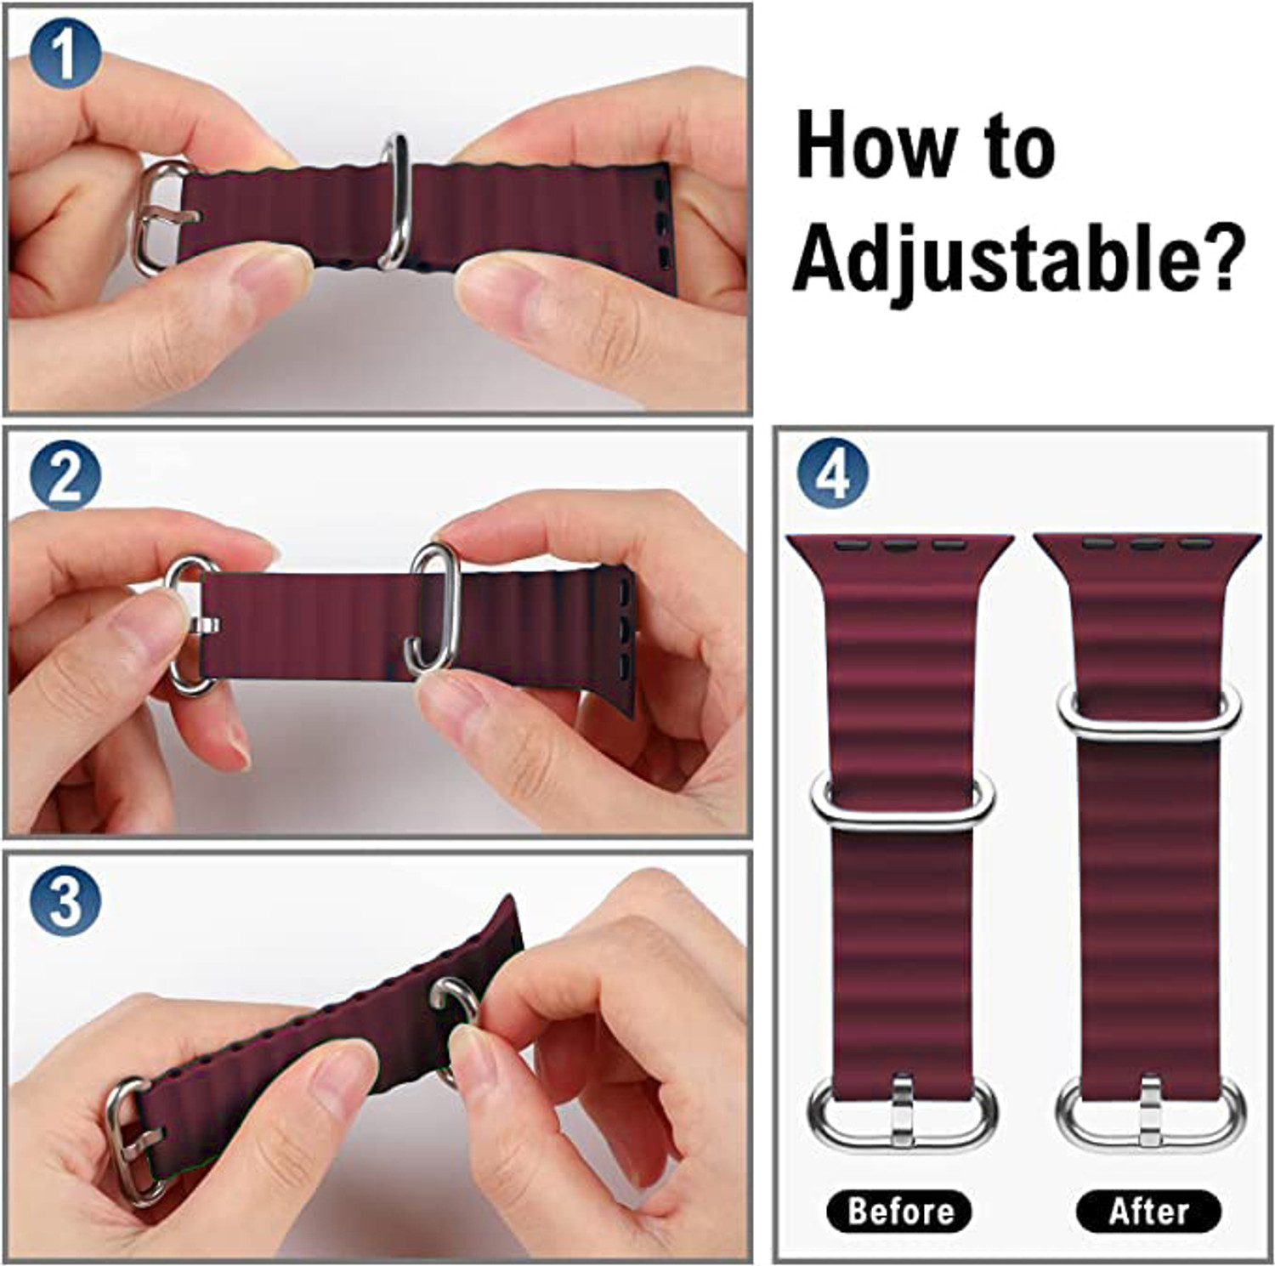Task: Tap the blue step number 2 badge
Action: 65,476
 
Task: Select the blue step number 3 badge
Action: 65,900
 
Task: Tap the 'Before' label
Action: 899,1211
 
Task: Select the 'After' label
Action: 1148,1211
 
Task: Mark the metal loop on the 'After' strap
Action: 1149,712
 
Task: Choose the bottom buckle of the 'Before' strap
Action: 902,1113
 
